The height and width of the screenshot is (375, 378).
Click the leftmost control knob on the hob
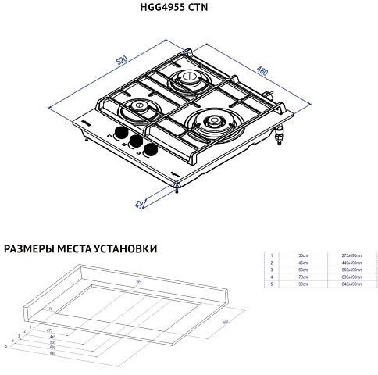(x=121, y=132)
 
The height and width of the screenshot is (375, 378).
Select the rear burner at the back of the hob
(x=187, y=78)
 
